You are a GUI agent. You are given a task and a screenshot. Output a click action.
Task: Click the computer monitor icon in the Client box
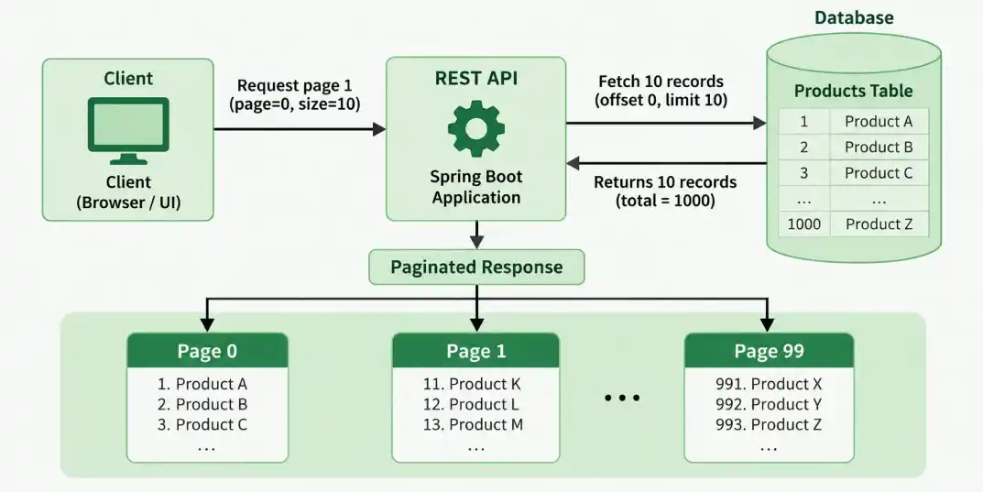pos(128,130)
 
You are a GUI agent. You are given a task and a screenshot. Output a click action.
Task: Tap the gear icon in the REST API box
pos(475,128)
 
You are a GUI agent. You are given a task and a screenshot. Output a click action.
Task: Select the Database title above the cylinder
pos(854,16)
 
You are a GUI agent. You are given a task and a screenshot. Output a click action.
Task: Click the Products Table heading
pos(853,91)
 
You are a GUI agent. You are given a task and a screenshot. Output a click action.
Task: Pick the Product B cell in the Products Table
pos(879,147)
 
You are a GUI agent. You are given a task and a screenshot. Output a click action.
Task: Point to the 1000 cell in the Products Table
pos(803,224)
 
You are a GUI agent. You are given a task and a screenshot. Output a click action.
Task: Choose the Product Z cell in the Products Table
pos(879,224)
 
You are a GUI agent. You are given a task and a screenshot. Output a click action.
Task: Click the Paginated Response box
pos(476,267)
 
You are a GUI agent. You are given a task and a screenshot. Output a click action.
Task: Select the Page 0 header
pos(208,350)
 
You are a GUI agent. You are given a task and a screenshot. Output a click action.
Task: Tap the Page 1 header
pos(475,350)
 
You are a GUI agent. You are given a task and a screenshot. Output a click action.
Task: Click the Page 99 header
pos(769,350)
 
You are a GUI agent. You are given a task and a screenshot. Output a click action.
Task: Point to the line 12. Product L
pos(471,404)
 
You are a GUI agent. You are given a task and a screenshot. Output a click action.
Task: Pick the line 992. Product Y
pos(769,404)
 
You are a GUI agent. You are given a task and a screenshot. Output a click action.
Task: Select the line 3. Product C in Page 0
pos(202,424)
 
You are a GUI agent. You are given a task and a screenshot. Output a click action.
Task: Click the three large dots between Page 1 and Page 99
pos(622,398)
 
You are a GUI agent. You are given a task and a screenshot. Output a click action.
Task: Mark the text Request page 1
pos(295,85)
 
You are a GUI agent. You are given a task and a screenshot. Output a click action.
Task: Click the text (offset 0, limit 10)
pos(661,100)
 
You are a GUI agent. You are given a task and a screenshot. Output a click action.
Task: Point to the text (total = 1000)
pos(665,201)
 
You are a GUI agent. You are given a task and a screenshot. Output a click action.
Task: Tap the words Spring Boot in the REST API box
pos(475,176)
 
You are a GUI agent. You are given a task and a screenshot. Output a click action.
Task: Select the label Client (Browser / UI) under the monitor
pos(128,192)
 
